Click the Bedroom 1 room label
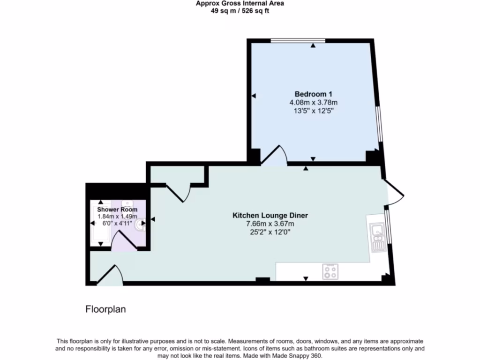pyautogui.click(x=314, y=93)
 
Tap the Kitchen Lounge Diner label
pyautogui.click(x=270, y=216)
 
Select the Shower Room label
pyautogui.click(x=117, y=210)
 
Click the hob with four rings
pyautogui.click(x=330, y=271)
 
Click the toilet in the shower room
pyautogui.click(x=139, y=225)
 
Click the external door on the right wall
pyautogui.click(x=394, y=191)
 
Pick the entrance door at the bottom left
pyautogui.click(x=111, y=276)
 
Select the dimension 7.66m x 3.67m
pyautogui.click(x=270, y=224)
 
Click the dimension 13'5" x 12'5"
pyautogui.click(x=314, y=111)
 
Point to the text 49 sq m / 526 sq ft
pyautogui.click(x=240, y=11)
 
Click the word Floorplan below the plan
pyautogui.click(x=105, y=309)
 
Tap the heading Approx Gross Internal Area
pyautogui.click(x=240, y=4)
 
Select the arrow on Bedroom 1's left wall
pyautogui.click(x=254, y=96)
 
